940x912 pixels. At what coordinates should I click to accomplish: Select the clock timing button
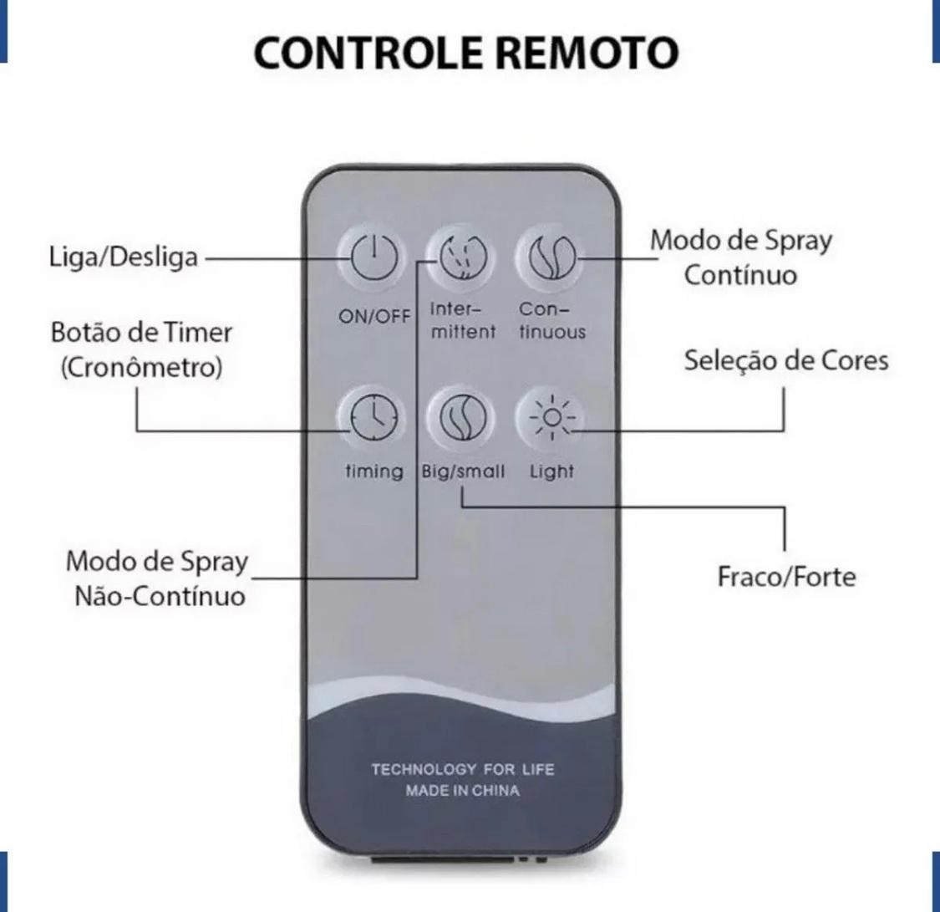tap(373, 417)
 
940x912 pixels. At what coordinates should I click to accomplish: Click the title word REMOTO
tap(588, 53)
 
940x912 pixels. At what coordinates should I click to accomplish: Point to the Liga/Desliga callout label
tap(124, 257)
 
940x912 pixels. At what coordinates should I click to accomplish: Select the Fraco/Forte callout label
tap(786, 577)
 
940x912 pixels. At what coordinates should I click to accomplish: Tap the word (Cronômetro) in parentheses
tap(141, 368)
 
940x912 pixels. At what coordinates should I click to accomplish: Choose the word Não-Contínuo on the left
tap(160, 597)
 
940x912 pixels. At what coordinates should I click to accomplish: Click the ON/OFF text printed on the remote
tap(374, 316)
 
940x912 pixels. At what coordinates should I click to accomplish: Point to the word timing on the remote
tap(374, 471)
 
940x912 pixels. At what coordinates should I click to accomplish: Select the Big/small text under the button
tap(463, 471)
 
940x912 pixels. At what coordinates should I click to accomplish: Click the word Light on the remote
tap(551, 472)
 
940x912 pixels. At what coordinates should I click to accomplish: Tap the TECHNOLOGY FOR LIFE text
tap(462, 769)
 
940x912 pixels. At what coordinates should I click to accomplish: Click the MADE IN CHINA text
tap(462, 791)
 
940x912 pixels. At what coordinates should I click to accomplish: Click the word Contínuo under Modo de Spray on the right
tap(740, 275)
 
